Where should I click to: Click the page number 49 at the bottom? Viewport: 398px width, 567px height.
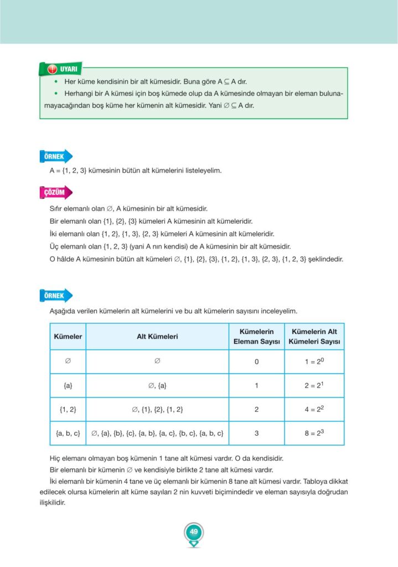click(x=194, y=532)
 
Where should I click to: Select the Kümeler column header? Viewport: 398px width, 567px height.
click(x=68, y=337)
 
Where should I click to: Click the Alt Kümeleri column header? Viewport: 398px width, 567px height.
click(x=157, y=337)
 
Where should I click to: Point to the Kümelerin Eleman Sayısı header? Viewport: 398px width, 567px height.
click(x=256, y=337)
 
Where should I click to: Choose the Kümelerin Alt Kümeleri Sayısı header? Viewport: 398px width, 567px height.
click(x=314, y=337)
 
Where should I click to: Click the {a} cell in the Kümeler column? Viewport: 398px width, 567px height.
click(x=68, y=386)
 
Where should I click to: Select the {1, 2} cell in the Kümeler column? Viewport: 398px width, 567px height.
click(x=68, y=410)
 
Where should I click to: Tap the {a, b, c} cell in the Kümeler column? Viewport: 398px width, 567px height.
click(x=68, y=434)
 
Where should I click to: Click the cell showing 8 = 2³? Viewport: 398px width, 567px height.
click(x=314, y=433)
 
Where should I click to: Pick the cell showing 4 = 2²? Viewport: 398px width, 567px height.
click(x=314, y=409)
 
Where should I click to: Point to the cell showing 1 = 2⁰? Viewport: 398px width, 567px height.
click(x=314, y=362)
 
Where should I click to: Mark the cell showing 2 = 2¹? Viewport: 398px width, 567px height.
click(x=314, y=385)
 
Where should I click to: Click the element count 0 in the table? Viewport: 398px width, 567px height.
click(x=256, y=362)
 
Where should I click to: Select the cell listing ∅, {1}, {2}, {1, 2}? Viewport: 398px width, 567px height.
click(x=157, y=410)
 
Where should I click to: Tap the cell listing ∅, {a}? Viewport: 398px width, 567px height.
click(x=157, y=386)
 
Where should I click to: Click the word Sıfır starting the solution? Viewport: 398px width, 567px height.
click(x=59, y=209)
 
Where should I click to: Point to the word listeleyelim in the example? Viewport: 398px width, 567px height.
click(x=200, y=171)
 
